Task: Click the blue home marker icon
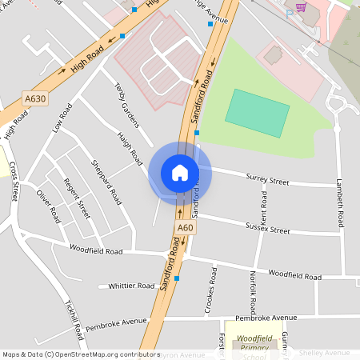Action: (x=180, y=173)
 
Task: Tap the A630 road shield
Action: (x=35, y=99)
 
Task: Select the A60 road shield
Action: (x=186, y=228)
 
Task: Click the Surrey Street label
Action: (x=267, y=180)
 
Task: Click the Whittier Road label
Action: (x=131, y=286)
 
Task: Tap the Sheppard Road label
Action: (x=106, y=180)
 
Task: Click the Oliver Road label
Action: (x=48, y=206)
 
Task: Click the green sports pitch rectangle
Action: (x=257, y=114)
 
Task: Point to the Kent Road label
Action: (x=263, y=206)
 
